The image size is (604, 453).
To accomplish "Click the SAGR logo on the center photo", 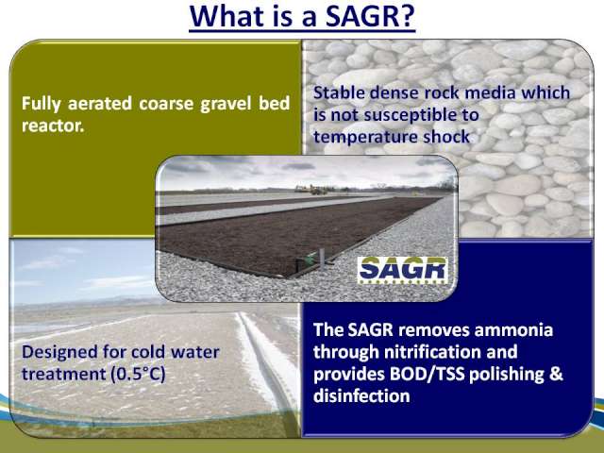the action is [x=403, y=270].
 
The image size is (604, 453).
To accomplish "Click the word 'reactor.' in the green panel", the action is [x=53, y=126].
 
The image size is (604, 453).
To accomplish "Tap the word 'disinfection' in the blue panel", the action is [x=361, y=396].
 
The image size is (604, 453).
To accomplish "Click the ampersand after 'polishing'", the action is [x=556, y=374].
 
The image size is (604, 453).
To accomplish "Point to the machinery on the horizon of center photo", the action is [x=312, y=189].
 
